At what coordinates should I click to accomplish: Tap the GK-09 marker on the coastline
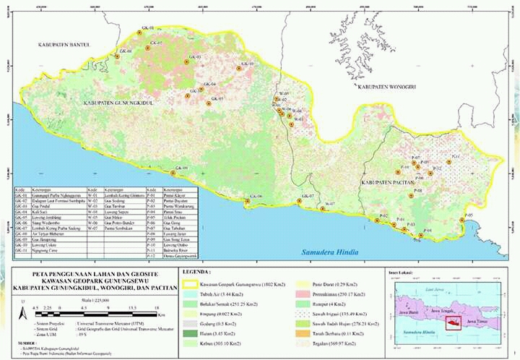tap(173, 173)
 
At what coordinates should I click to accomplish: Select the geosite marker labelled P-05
tap(461, 220)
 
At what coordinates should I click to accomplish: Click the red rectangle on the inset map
tap(454, 320)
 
